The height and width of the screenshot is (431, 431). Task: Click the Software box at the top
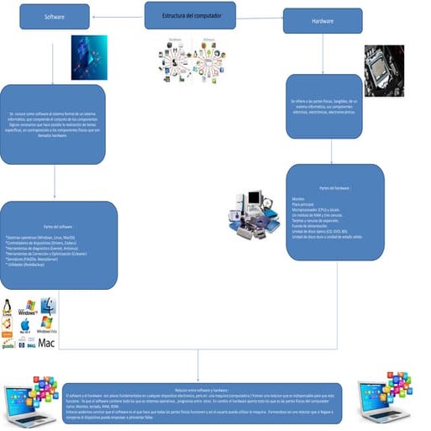click(x=55, y=17)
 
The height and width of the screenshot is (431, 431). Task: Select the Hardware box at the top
click(x=322, y=21)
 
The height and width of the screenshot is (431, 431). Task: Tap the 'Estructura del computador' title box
click(x=190, y=15)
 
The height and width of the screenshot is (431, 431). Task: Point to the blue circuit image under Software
click(x=88, y=57)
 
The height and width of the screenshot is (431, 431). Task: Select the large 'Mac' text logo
click(x=46, y=343)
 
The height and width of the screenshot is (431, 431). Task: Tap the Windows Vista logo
click(x=47, y=323)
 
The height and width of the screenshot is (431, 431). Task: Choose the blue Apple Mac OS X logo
click(x=25, y=324)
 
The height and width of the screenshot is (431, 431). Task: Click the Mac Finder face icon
click(x=48, y=305)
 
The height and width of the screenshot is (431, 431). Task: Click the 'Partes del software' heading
click(x=58, y=227)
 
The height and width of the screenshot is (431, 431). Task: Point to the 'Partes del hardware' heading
click(x=335, y=188)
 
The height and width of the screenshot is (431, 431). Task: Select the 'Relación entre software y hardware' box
click(x=202, y=404)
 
